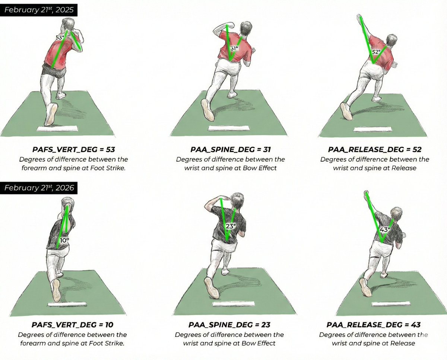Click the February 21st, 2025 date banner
39,10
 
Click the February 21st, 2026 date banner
39,188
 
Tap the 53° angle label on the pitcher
60,38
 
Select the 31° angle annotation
234,48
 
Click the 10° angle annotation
64,240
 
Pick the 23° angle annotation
231,226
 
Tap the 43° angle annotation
385,230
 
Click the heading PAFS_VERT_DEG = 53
73,150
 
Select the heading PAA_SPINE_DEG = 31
231,150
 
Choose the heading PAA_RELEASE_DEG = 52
375,150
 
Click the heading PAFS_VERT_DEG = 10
72,325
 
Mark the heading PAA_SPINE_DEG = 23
229,325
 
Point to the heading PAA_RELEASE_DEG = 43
374,325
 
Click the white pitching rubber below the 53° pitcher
57,128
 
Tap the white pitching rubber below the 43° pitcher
391,304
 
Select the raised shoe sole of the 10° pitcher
57,290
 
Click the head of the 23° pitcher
237,200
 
